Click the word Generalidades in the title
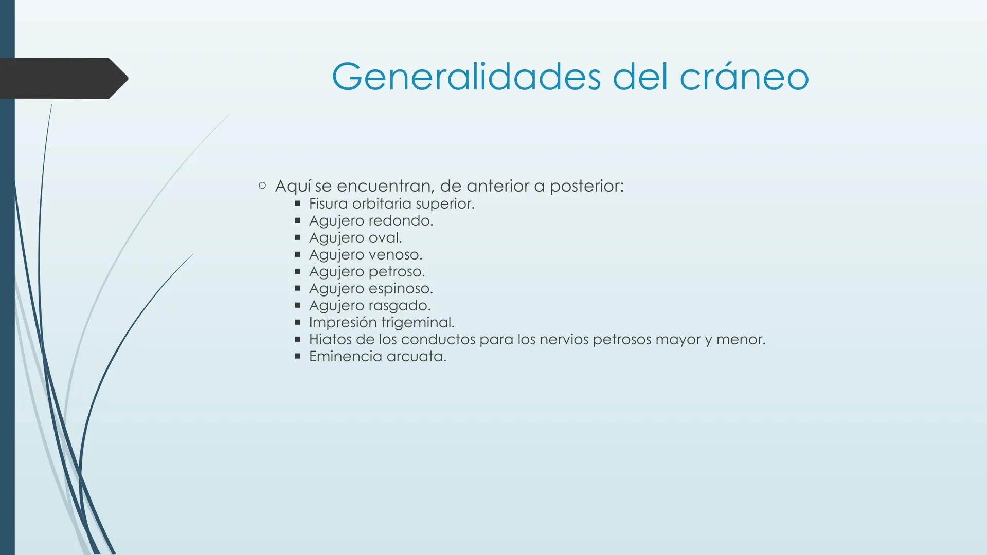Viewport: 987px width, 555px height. [x=465, y=77]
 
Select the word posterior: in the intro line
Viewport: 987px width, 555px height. [x=586, y=186]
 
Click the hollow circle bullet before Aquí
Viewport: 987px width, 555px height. [x=262, y=186]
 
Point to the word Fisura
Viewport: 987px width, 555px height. [x=328, y=204]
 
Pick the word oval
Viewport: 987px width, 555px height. [x=385, y=238]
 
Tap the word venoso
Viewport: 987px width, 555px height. [x=396, y=255]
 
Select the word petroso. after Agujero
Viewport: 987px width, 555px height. [x=398, y=272]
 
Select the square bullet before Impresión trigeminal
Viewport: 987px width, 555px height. [x=297, y=323]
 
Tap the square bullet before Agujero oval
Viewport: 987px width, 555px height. [x=297, y=238]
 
